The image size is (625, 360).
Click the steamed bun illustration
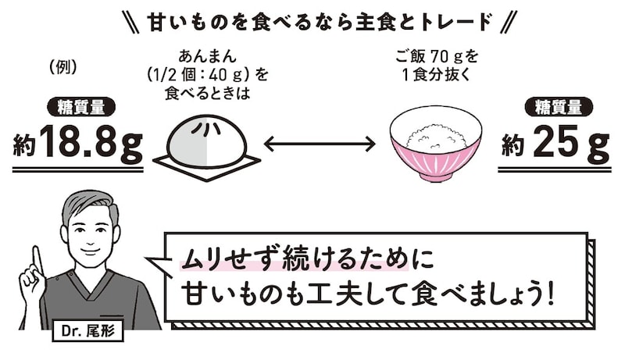(x=208, y=135)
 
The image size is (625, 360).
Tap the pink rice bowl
(x=435, y=156)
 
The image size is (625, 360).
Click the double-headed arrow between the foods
(x=320, y=144)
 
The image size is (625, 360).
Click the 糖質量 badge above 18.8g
(x=80, y=107)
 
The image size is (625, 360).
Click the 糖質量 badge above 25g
(x=559, y=107)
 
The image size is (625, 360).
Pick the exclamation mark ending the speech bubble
(x=552, y=294)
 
